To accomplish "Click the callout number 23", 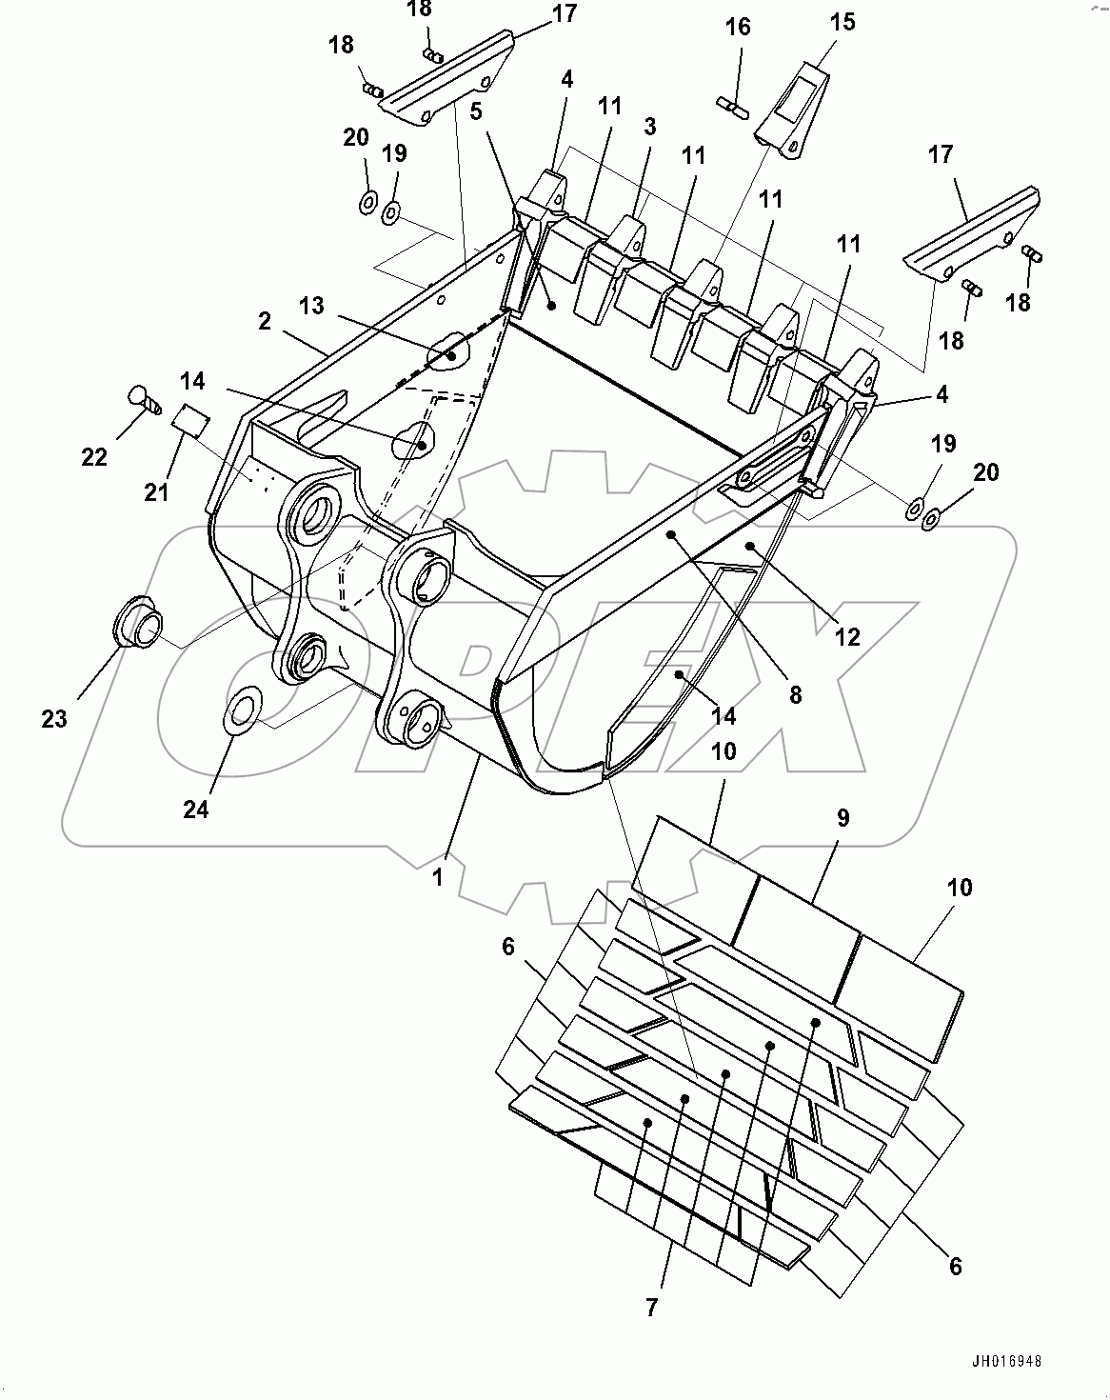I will tap(54, 719).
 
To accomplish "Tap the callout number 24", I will tap(196, 809).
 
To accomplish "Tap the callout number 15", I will tap(842, 21).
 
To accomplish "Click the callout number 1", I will tap(438, 876).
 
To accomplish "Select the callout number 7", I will tap(651, 1308).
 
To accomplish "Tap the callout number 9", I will tap(842, 817).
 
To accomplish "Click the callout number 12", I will tap(847, 636).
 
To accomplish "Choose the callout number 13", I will tap(311, 306).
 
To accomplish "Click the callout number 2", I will tap(264, 321).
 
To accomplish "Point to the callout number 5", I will tap(476, 110).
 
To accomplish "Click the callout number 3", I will tap(649, 126).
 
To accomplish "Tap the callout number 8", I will tap(794, 695).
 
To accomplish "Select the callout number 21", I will tap(156, 491).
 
